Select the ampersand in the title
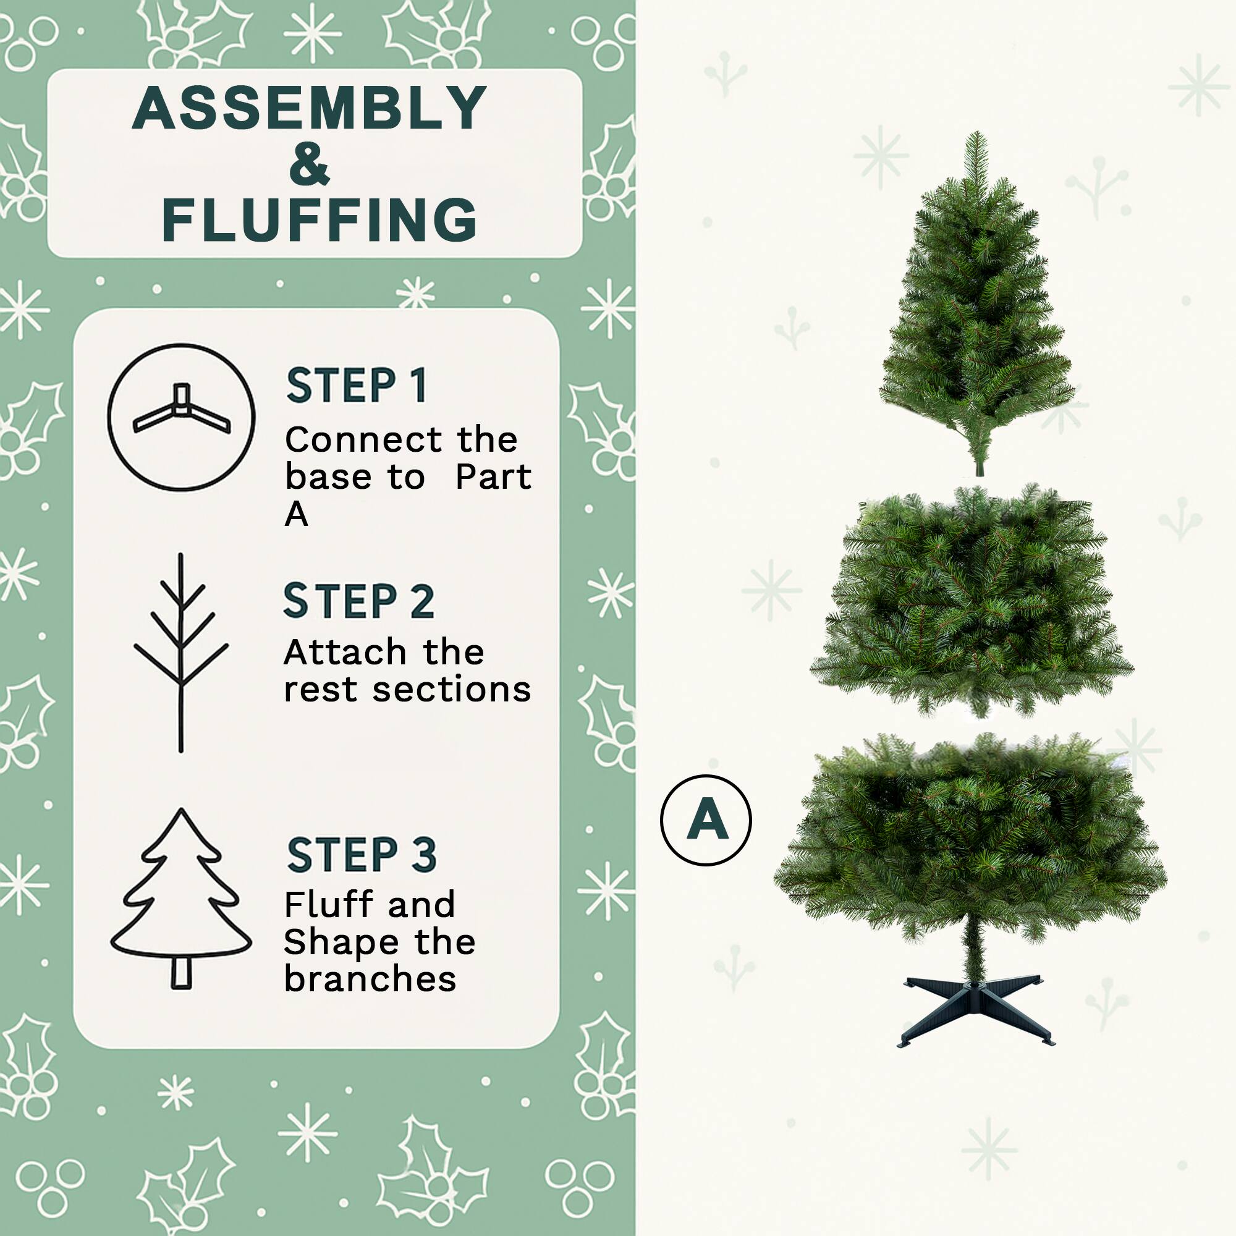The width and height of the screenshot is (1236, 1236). tap(309, 164)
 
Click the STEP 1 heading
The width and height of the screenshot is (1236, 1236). tap(357, 386)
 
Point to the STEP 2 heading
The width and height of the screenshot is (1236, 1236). tap(358, 601)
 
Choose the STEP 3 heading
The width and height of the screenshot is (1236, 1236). tap(362, 855)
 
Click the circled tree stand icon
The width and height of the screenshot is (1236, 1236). tap(181, 417)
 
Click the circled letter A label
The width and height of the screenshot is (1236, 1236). tap(706, 820)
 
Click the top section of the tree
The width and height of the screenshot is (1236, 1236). tap(975, 307)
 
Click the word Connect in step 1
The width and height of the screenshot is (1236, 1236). tap(363, 440)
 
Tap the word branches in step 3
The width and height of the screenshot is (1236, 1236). tap(370, 979)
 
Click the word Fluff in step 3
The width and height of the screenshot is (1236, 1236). tap(326, 905)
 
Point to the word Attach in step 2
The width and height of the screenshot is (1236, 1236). tap(345, 653)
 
